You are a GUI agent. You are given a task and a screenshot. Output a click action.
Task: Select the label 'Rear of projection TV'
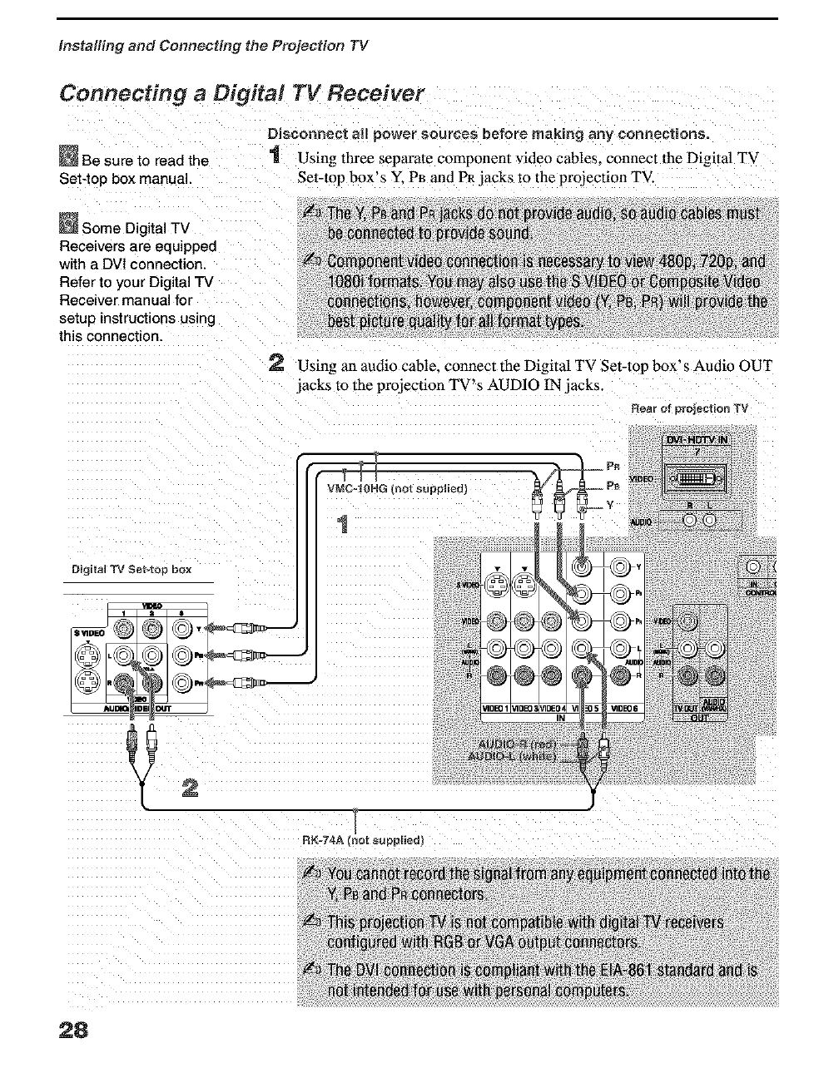(x=689, y=408)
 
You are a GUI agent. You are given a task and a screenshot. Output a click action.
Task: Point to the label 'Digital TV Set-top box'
(x=131, y=570)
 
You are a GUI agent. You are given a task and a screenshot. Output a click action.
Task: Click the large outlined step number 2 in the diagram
(x=190, y=787)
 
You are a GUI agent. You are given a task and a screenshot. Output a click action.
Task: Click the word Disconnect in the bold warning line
(x=304, y=133)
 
